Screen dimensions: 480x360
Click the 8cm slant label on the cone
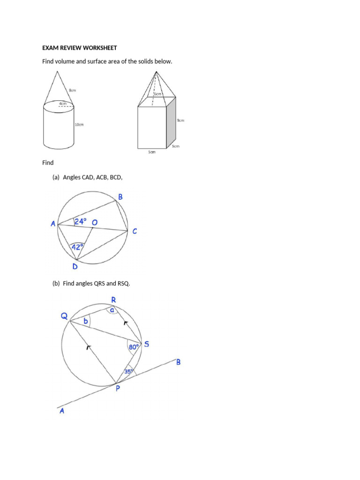73,90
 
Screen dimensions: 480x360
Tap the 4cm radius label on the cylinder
63,103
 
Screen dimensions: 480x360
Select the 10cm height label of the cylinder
79,125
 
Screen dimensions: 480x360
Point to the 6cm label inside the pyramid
157,94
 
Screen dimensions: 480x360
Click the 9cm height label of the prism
180,120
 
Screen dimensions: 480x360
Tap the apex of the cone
58,71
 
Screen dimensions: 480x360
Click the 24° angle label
81,222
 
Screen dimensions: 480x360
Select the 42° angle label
77,247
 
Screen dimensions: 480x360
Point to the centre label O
95,223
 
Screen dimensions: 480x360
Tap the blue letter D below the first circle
75,267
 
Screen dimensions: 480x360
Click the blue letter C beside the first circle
135,231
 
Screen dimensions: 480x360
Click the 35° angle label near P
129,371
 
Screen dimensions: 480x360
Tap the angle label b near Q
85,322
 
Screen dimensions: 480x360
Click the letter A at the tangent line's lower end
61,411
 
